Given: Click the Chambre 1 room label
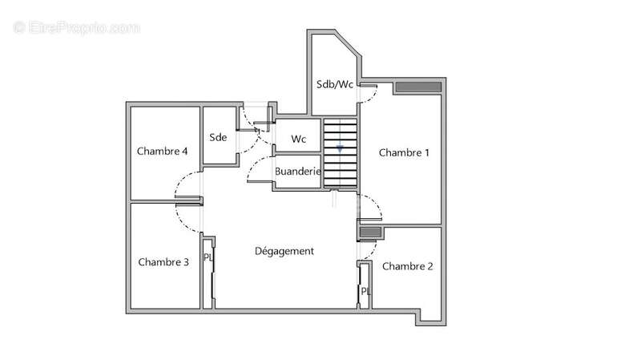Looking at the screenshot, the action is click(404, 152).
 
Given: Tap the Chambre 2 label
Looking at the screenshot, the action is click(407, 266).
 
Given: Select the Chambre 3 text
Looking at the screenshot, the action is click(163, 262).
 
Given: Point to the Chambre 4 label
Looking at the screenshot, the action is click(163, 151).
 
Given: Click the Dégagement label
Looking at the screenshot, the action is click(284, 251).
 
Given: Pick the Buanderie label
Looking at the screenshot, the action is click(297, 172).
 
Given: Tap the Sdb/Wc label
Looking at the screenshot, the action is click(335, 84).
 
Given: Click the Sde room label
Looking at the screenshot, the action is click(218, 137).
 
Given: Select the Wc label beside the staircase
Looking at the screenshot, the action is click(298, 139).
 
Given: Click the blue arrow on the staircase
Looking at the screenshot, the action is click(340, 149).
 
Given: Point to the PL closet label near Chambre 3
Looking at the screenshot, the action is click(208, 257).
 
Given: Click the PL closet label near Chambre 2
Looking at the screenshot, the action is click(365, 291).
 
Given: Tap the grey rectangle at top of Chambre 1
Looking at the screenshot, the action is click(418, 87).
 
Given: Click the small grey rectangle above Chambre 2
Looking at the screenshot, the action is click(370, 233).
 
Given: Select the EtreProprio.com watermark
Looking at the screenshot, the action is click(76, 28).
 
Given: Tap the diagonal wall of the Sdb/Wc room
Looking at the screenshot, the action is click(348, 43).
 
